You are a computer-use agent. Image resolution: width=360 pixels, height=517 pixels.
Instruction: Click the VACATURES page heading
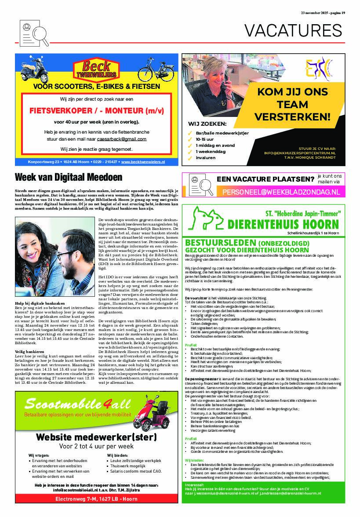click(293, 30)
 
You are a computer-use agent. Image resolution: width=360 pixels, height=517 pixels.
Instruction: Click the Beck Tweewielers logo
click(96, 69)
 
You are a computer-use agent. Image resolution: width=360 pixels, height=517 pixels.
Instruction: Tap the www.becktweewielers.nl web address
click(143, 162)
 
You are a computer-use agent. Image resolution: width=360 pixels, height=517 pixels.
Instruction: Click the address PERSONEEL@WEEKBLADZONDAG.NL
click(281, 192)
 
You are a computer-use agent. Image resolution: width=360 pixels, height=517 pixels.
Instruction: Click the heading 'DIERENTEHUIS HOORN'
click(284, 224)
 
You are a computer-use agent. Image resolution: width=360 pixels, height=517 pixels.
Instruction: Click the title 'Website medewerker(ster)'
click(96, 437)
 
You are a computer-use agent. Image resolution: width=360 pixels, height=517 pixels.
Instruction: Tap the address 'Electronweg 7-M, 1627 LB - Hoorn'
click(96, 499)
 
